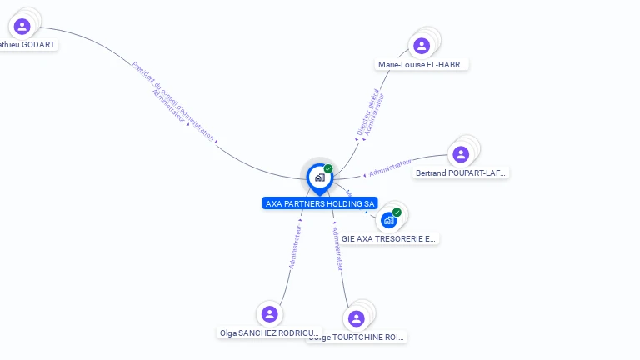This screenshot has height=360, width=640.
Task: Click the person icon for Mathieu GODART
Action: tap(22, 27)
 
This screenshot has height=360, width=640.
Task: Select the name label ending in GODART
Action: tap(28, 44)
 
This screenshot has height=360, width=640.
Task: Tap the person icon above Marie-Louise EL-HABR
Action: tap(422, 46)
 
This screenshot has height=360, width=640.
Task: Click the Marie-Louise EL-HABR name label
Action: tap(422, 64)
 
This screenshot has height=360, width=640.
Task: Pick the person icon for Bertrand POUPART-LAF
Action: tap(461, 154)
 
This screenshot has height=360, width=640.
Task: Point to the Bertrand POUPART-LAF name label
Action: tap(461, 173)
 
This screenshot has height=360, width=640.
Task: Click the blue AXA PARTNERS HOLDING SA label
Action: tap(320, 203)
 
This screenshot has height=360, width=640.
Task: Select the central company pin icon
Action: tap(319, 177)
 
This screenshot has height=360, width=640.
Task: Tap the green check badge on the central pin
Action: tap(328, 168)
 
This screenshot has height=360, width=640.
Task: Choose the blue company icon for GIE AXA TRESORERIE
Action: tap(388, 221)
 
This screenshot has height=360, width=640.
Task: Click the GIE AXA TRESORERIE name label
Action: tap(388, 238)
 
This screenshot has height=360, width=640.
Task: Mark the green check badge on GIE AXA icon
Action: tap(397, 212)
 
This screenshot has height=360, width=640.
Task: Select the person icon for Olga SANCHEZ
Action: tap(269, 314)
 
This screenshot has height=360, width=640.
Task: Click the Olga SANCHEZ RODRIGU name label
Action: tap(269, 332)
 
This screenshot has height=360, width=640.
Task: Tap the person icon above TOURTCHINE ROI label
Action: tap(357, 318)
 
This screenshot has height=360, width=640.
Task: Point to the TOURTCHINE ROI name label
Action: tap(357, 337)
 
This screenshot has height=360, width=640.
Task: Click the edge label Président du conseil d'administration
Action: tap(173, 100)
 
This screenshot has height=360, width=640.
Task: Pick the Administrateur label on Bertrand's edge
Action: tap(390, 167)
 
